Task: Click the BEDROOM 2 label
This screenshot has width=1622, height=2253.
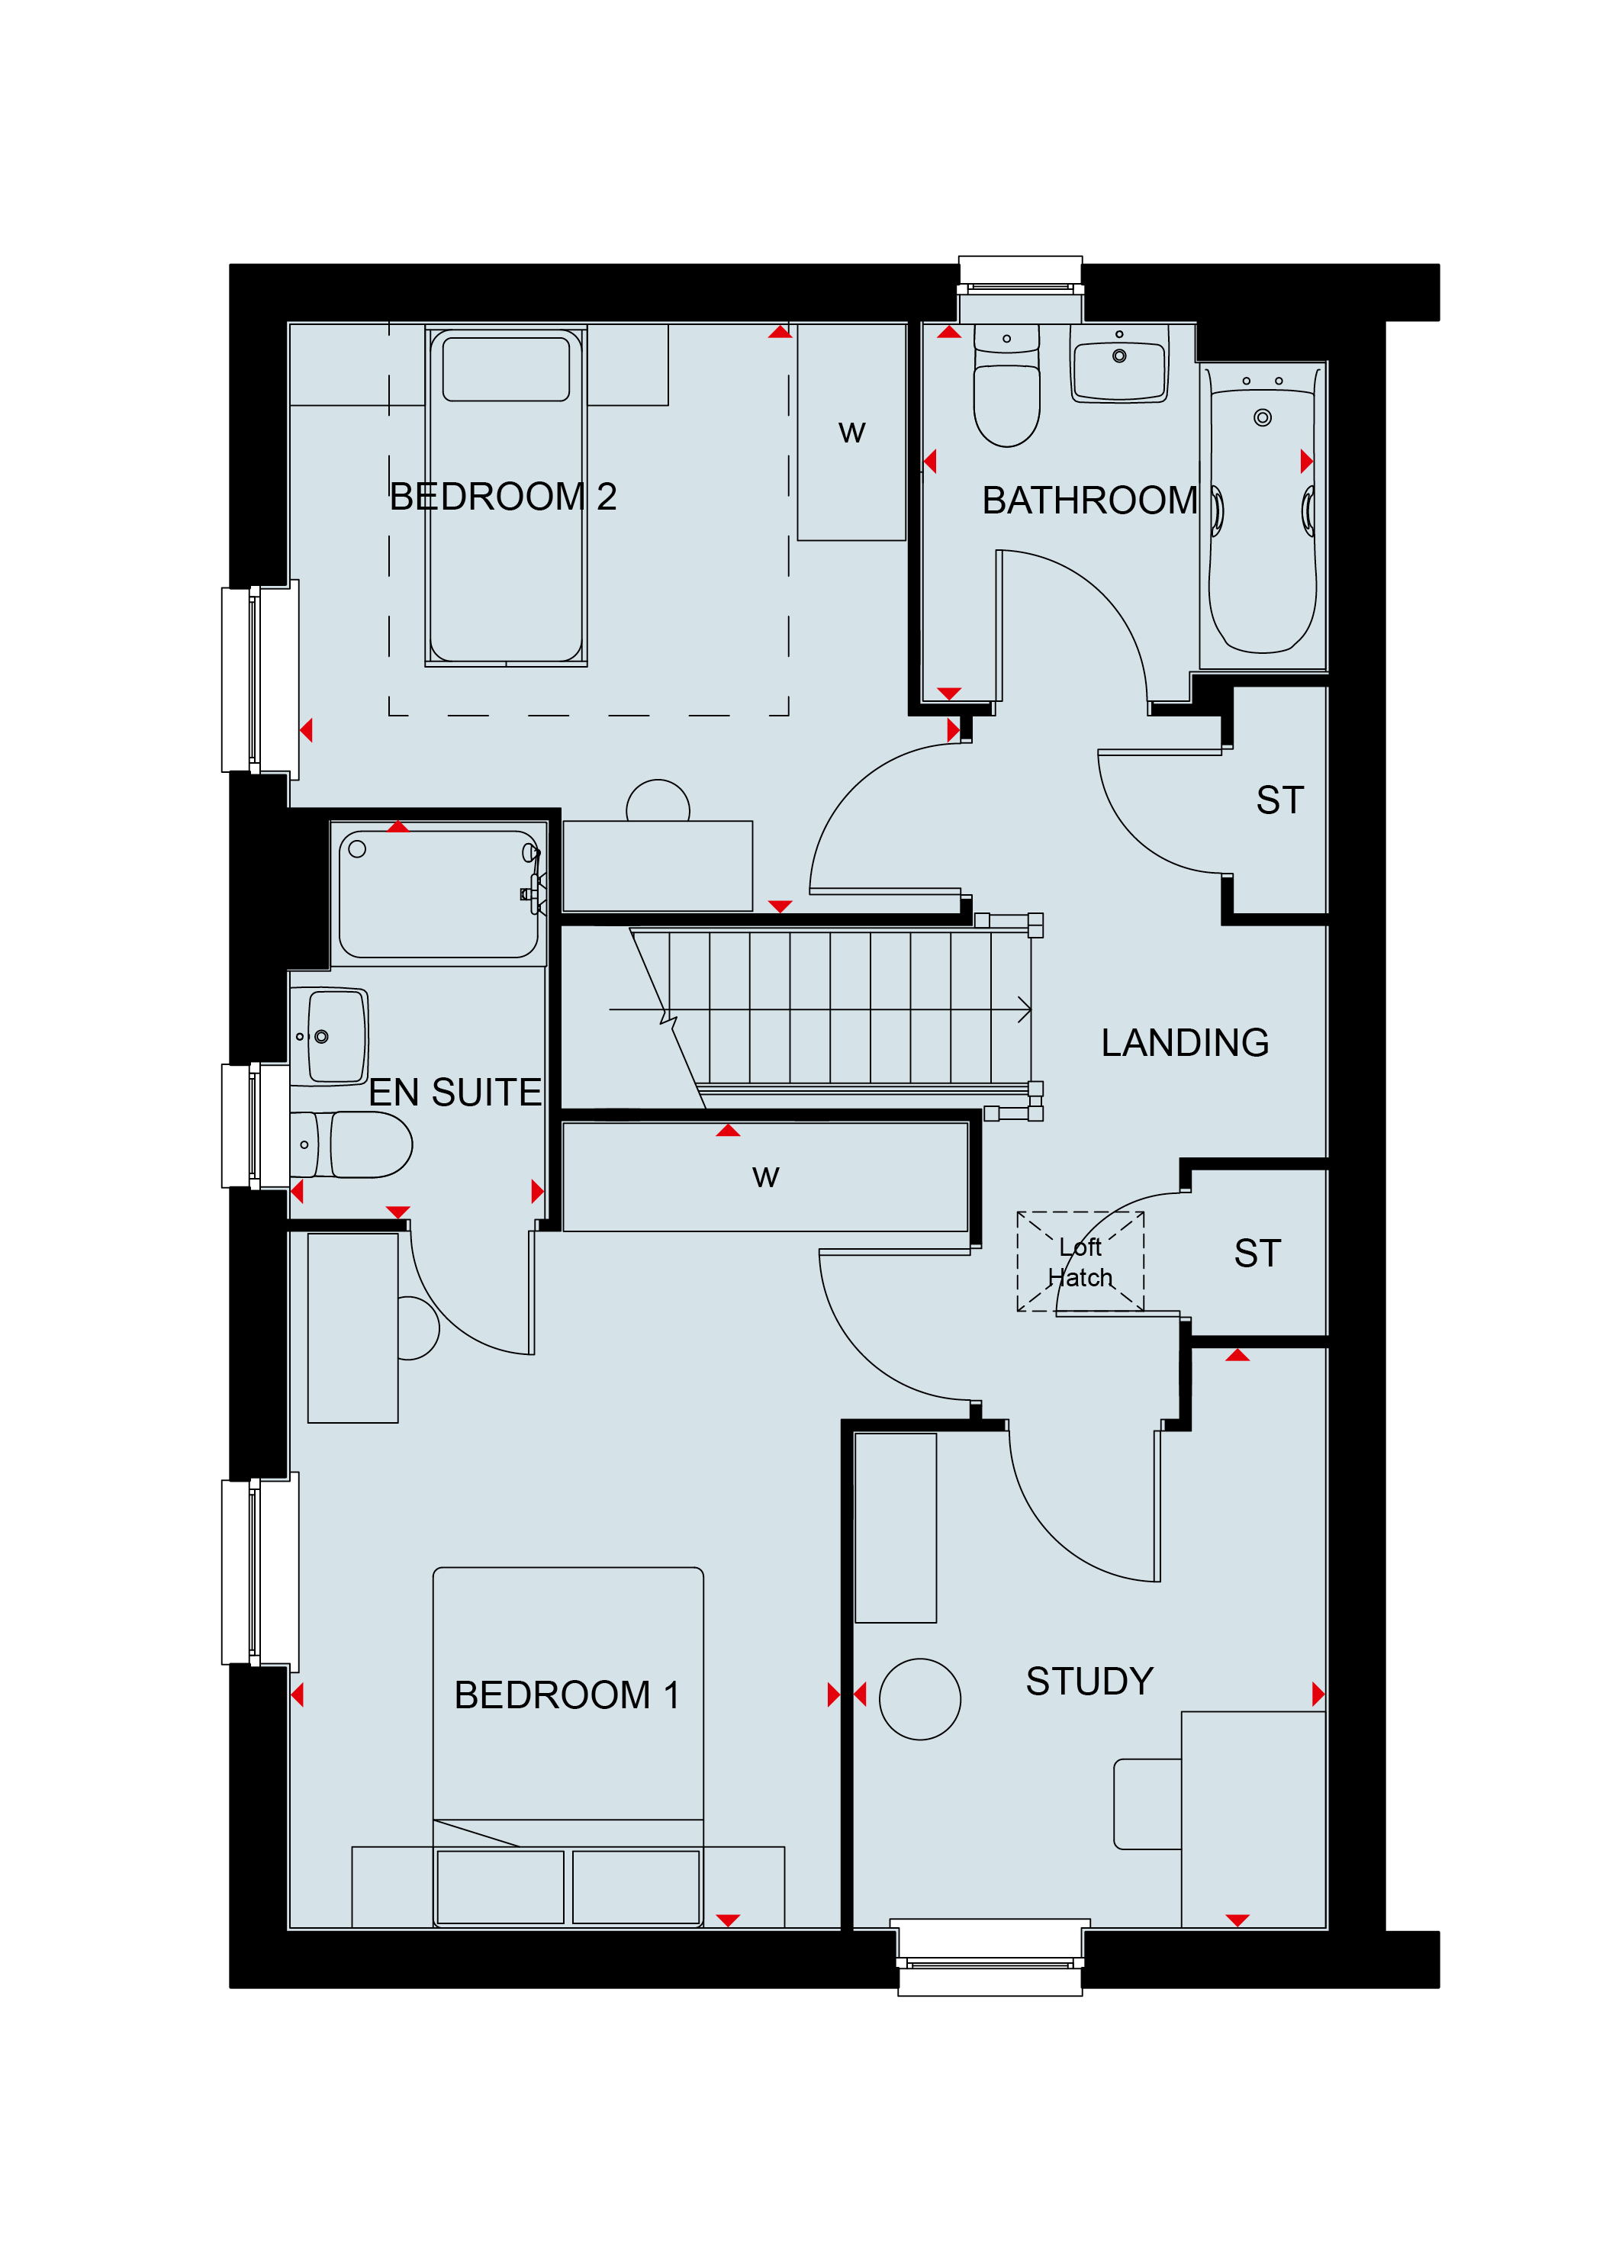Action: pyautogui.click(x=503, y=497)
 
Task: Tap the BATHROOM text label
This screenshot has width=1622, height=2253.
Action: pyautogui.click(x=1089, y=500)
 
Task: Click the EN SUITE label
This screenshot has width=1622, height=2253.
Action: pyautogui.click(x=455, y=1093)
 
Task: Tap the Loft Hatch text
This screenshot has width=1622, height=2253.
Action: pyautogui.click(x=1080, y=1263)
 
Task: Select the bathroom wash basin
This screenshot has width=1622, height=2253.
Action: pyautogui.click(x=1119, y=364)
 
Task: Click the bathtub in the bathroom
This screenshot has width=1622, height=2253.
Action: pyautogui.click(x=1263, y=513)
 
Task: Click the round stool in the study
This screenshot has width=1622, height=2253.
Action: pyautogui.click(x=920, y=1698)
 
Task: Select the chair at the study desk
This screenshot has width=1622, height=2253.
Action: pyautogui.click(x=1147, y=1804)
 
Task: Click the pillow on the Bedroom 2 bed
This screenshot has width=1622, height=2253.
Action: pyautogui.click(x=506, y=369)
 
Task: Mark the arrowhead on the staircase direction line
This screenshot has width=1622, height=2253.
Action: pyautogui.click(x=1026, y=1010)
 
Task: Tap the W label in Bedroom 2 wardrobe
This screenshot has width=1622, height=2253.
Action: pyautogui.click(x=851, y=432)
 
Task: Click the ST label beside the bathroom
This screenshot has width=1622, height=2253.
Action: pyautogui.click(x=1279, y=800)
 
